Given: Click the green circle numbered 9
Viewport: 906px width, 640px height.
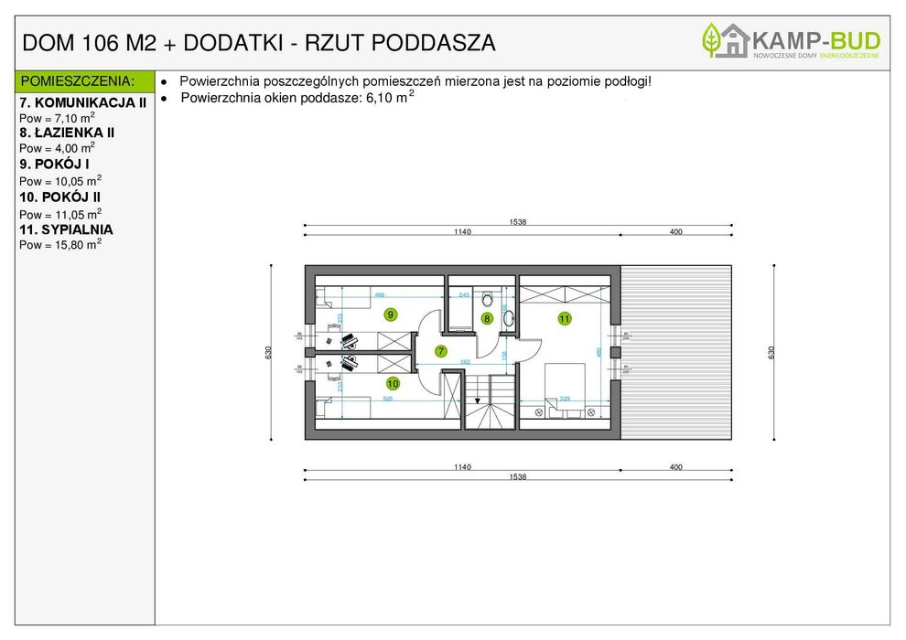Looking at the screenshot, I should (x=391, y=315).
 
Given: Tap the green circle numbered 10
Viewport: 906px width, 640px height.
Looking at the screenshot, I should (x=393, y=383).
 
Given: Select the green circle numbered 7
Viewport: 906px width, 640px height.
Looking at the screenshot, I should (x=440, y=351).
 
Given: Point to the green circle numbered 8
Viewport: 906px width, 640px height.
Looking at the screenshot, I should (x=487, y=319).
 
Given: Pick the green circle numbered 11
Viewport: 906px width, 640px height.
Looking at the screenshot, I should (x=565, y=319).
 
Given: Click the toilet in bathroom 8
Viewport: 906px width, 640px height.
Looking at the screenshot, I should (x=487, y=298).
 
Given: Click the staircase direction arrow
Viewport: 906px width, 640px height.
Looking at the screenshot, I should (x=477, y=400).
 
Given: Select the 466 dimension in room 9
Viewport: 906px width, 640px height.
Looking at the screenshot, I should (x=379, y=295).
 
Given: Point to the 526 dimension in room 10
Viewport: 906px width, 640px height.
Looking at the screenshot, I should (x=387, y=399).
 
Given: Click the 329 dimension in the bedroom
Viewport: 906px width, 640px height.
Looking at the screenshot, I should (x=565, y=399).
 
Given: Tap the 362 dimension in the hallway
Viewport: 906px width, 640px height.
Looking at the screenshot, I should (x=465, y=362).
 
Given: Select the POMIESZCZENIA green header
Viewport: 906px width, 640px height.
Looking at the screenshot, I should (x=78, y=81).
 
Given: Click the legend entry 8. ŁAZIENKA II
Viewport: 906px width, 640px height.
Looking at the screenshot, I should (x=67, y=133).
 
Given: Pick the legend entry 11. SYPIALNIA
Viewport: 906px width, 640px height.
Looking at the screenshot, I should (x=66, y=229).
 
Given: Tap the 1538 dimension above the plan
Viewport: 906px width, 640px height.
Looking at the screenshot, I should (x=518, y=222).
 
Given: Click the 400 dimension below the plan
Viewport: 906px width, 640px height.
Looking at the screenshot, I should (x=675, y=467).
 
